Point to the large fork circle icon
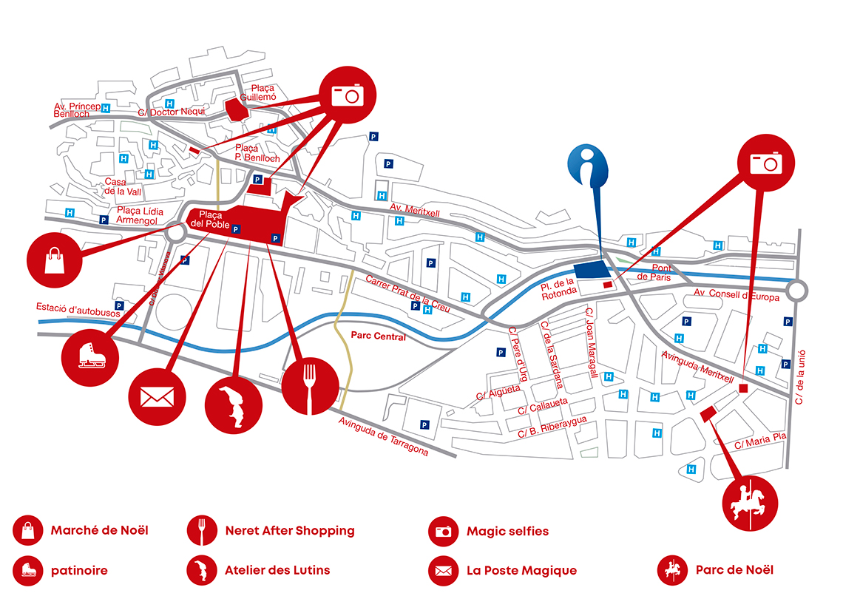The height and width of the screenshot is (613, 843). pyautogui.click(x=310, y=386)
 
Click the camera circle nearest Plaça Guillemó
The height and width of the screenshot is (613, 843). pyautogui.click(x=348, y=93)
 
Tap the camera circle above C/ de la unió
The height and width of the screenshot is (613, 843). pyautogui.click(x=766, y=163)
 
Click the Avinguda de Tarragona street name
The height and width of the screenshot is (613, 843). pyautogui.click(x=383, y=437)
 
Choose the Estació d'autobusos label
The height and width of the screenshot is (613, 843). pyautogui.click(x=72, y=307)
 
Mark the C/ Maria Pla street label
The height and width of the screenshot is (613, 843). pyautogui.click(x=760, y=441)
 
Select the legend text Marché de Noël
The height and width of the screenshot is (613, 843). pyautogui.click(x=99, y=530)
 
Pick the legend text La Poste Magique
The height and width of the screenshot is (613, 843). pyautogui.click(x=521, y=570)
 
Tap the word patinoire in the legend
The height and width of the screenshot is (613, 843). pyautogui.click(x=79, y=570)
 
